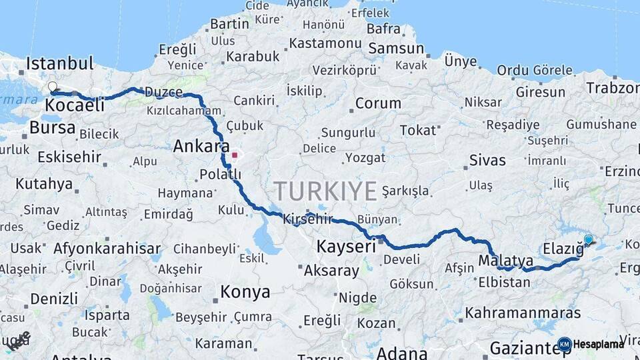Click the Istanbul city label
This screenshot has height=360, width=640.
(59, 64)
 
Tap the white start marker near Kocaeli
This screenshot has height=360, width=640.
(52, 87)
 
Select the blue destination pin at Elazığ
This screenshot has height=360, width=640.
(588, 239)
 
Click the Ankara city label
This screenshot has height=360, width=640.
(201, 146)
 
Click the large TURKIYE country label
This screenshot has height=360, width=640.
(325, 191)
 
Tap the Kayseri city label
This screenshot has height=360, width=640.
(347, 246)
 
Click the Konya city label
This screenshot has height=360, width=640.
(245, 292)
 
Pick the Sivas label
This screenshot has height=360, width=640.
(487, 161)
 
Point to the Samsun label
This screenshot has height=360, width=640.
(396, 48)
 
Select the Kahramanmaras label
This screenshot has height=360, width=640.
(523, 312)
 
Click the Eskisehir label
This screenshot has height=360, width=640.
(69, 157)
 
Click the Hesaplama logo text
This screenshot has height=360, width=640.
(599, 344)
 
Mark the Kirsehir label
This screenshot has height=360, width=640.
(307, 219)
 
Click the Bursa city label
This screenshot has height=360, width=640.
(53, 127)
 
